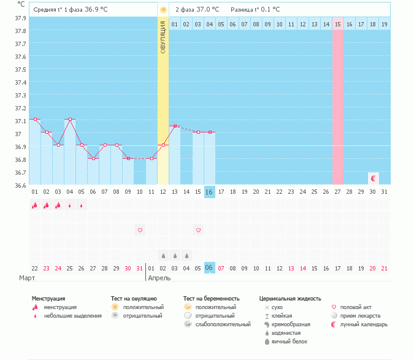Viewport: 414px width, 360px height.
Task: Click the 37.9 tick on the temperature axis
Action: pyautogui.click(x=21, y=18)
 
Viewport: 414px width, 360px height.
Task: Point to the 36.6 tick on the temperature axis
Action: pyautogui.click(x=21, y=185)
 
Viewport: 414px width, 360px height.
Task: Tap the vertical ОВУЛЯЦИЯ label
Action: pyautogui.click(x=163, y=37)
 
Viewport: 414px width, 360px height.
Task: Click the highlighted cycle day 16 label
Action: pyautogui.click(x=209, y=192)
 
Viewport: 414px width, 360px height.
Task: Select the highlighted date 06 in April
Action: pyautogui.click(x=209, y=268)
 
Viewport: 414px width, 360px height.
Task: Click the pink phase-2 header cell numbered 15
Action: pyautogui.click(x=338, y=24)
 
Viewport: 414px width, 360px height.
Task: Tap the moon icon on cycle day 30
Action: pyautogui.click(x=373, y=178)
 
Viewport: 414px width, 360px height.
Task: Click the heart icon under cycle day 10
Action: pyautogui.click(x=140, y=230)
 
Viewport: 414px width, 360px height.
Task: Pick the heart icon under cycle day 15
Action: pyautogui.click(x=198, y=230)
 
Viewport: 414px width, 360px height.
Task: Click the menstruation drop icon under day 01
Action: pyautogui.click(x=34, y=205)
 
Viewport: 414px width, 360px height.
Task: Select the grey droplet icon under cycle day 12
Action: pyautogui.click(x=163, y=255)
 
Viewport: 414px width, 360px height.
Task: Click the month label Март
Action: pyautogui.click(x=27, y=278)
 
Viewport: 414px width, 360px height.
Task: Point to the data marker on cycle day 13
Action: pyautogui.click(x=175, y=126)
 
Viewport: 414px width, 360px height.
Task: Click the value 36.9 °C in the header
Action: pyautogui.click(x=98, y=10)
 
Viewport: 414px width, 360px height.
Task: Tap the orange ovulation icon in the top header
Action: pyautogui.click(x=163, y=10)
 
